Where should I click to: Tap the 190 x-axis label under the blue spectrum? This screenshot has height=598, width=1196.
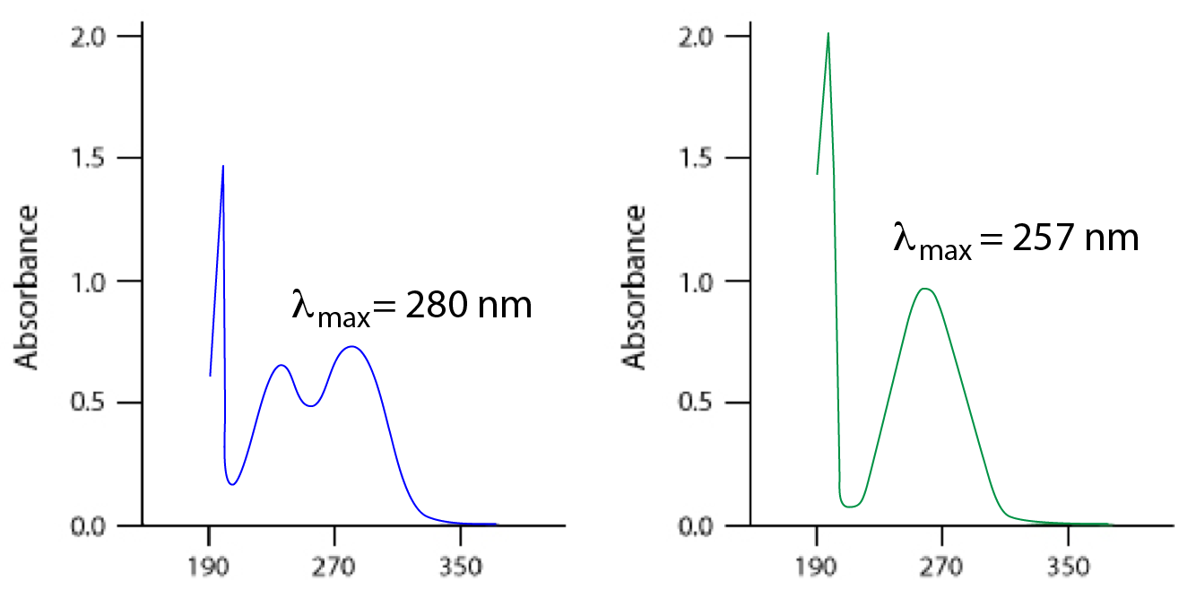click(209, 568)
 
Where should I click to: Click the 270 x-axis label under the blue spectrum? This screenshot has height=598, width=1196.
click(334, 568)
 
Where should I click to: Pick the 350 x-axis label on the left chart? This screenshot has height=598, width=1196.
click(460, 568)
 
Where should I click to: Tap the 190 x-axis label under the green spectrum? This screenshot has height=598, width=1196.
click(817, 568)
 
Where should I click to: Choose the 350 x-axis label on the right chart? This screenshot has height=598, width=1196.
click(1068, 568)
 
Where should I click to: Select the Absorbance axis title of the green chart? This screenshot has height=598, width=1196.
click(636, 287)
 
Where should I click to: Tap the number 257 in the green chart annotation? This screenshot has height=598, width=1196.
click(1043, 238)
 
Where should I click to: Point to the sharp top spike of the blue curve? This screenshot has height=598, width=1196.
click(222, 167)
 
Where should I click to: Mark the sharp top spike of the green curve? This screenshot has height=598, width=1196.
click(828, 34)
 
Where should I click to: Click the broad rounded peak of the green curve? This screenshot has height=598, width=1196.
click(925, 289)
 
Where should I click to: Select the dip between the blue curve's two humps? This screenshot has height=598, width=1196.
click(310, 405)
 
